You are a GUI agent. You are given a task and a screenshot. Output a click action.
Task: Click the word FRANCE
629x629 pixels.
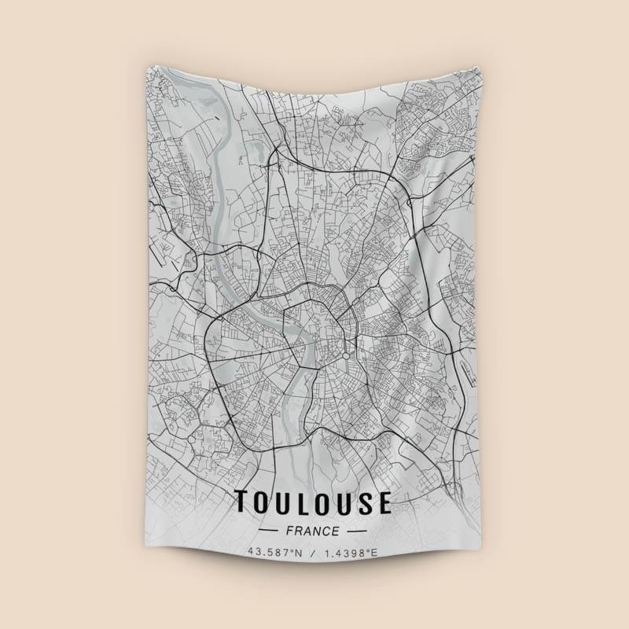point(313,531)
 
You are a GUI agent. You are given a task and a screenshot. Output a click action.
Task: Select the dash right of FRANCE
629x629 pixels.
point(359,532)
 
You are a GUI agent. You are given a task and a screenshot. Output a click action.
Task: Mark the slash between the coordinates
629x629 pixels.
point(313,553)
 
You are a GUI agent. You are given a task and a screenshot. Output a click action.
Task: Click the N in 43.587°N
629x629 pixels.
point(298,553)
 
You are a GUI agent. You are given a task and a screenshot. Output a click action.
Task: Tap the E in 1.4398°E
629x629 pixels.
point(374,553)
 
